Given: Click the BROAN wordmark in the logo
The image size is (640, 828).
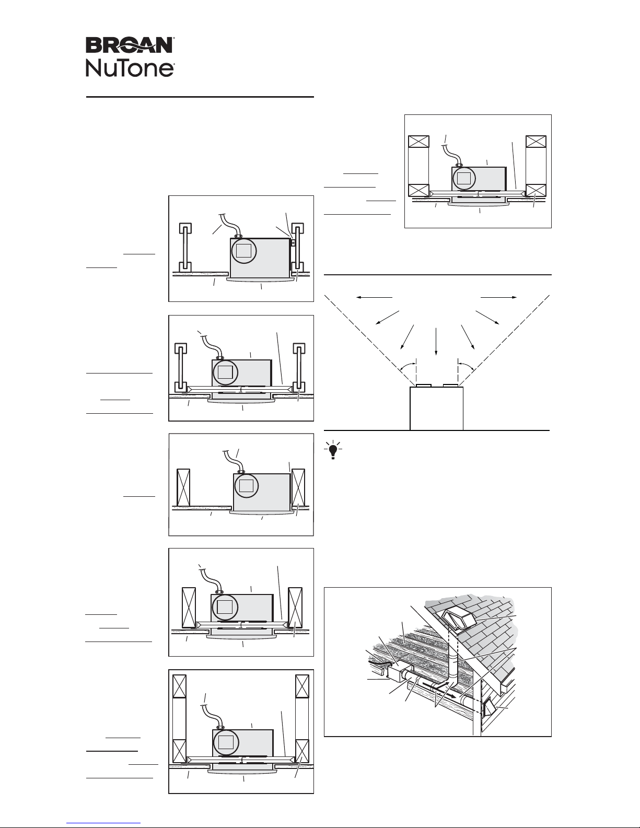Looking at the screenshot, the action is click(130, 45).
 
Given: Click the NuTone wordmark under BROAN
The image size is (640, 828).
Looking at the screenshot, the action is click(130, 68).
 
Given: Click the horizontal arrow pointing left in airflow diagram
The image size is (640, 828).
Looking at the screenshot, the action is click(374, 297).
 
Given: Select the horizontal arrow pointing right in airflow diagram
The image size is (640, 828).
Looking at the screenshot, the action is click(499, 297).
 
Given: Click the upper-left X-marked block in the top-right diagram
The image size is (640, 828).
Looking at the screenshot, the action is click(418, 142).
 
